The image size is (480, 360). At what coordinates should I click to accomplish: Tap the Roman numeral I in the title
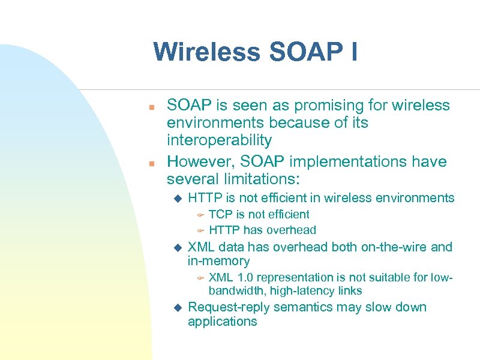pos(352,52)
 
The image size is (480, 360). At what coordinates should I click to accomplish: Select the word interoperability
pos(219,140)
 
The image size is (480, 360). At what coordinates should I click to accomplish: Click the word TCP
pos(220,214)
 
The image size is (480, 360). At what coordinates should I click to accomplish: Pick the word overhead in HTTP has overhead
pos(291,230)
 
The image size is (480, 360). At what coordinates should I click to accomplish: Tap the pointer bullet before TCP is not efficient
pos(200,215)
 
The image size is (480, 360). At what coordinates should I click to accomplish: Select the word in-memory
pos(218,261)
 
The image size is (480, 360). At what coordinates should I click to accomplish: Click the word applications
pos(222,322)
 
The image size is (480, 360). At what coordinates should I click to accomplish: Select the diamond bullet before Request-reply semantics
pos(177,308)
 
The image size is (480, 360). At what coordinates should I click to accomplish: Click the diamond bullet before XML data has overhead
pos(177,247)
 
